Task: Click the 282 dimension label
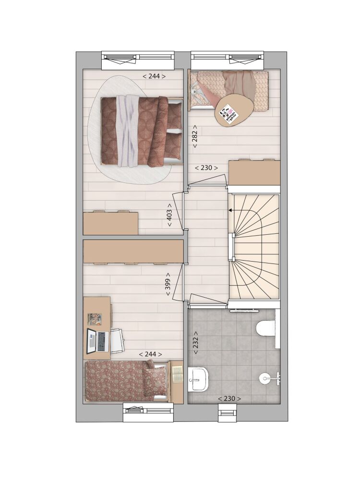pyautogui.click(x=195, y=136)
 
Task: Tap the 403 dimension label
pyautogui.click(x=169, y=215)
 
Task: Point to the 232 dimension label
pyautogui.click(x=196, y=343)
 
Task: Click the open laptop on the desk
pyautogui.click(x=98, y=340)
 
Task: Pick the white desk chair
pyautogui.click(x=117, y=340)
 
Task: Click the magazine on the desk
pyautogui.click(x=95, y=319)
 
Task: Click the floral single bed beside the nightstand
pyautogui.click(x=127, y=381)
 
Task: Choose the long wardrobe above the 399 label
pyautogui.click(x=133, y=252)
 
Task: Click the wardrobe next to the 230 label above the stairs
pyautogui.click(x=255, y=173)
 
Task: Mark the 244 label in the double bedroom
pyautogui.click(x=154, y=76)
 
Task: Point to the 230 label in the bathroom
pyautogui.click(x=229, y=398)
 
